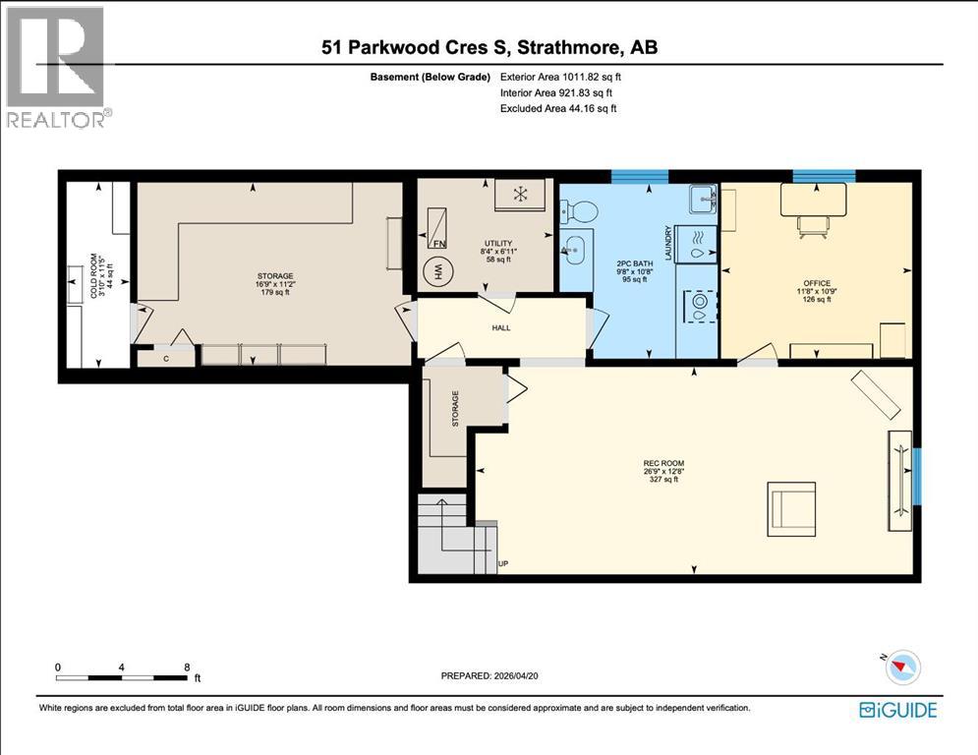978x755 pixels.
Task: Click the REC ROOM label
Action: pos(663,463)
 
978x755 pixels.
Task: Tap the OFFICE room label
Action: pos(817,283)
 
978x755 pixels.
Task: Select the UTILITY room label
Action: pos(498,244)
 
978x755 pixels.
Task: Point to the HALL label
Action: pos(501,327)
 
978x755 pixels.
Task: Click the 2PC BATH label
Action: pos(634,263)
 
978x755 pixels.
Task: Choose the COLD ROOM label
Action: pos(94,275)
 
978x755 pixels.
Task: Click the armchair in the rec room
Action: pos(791,508)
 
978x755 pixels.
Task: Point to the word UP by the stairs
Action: pos(503,563)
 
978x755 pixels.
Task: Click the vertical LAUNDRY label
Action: pos(668,243)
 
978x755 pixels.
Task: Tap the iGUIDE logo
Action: pos(898,710)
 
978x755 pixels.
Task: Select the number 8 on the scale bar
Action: pos(187,668)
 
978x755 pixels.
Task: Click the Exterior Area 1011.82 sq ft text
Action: pos(560,77)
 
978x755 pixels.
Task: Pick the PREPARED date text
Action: pos(489,675)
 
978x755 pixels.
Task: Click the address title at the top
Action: pos(489,47)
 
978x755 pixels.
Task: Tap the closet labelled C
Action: pos(166,358)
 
